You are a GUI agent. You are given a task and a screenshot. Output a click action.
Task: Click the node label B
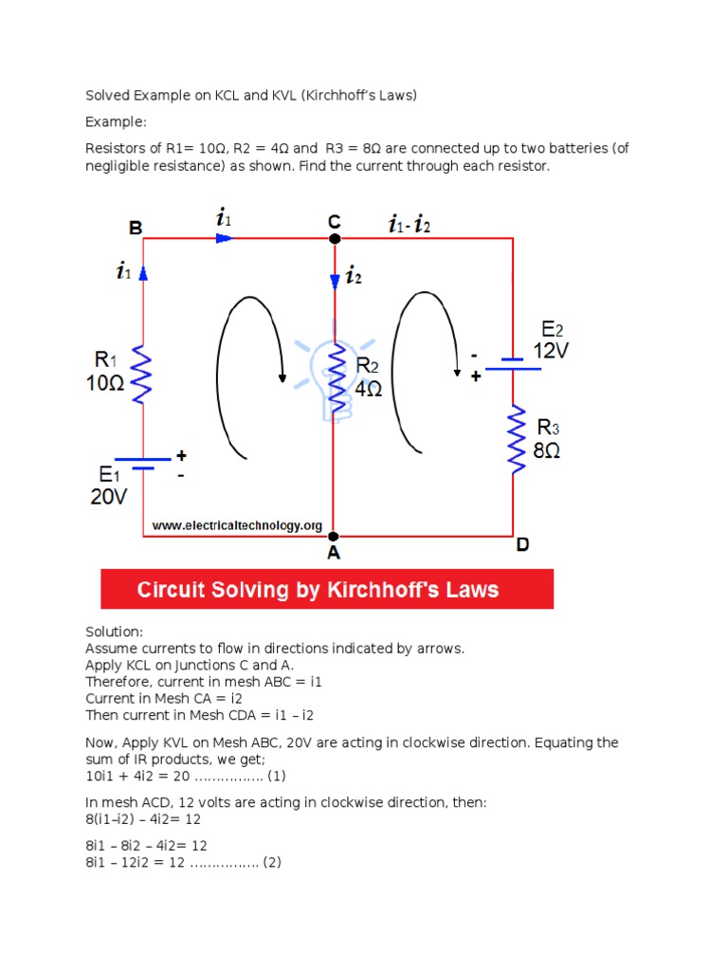pyautogui.click(x=136, y=228)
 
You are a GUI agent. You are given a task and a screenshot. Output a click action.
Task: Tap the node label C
pyautogui.click(x=334, y=222)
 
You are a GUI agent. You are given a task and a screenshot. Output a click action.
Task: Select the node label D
pyautogui.click(x=523, y=545)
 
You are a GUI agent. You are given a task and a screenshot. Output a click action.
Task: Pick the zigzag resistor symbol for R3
pyautogui.click(x=517, y=439)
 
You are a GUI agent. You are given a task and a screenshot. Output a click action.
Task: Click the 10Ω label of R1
pyautogui.click(x=104, y=384)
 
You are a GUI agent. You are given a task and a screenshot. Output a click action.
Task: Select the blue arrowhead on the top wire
pyautogui.click(x=224, y=238)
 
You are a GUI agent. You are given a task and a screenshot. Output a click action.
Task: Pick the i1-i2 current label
pyautogui.click(x=409, y=226)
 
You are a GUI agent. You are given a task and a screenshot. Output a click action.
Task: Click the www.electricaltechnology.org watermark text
pyautogui.click(x=237, y=525)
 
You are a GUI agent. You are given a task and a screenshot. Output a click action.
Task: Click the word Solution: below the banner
pyautogui.click(x=115, y=632)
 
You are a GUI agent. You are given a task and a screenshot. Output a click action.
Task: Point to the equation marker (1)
pyautogui.click(x=276, y=776)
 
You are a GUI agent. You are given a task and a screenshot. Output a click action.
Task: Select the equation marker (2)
pyautogui.click(x=272, y=863)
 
